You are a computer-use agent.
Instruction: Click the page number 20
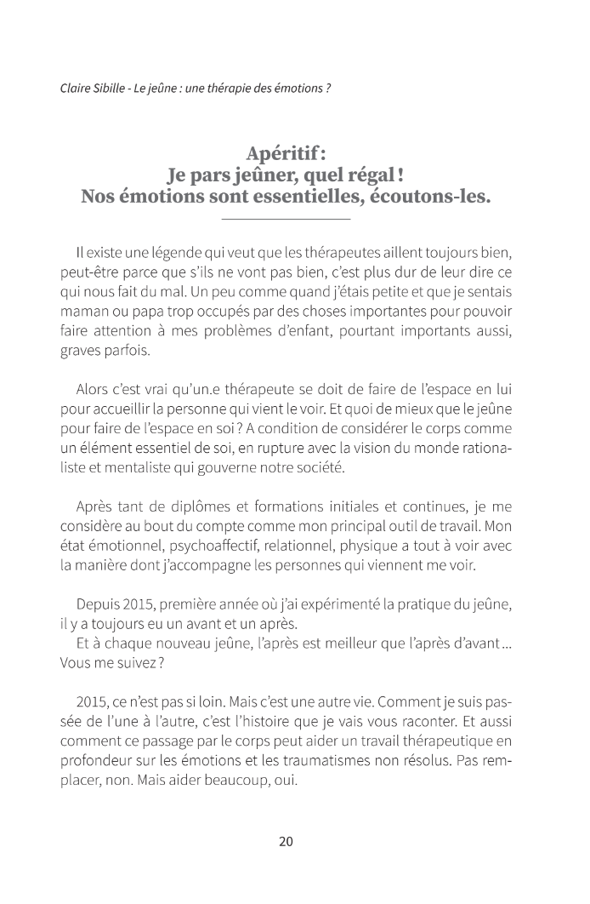click(286, 842)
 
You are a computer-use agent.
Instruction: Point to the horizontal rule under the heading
click(286, 220)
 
